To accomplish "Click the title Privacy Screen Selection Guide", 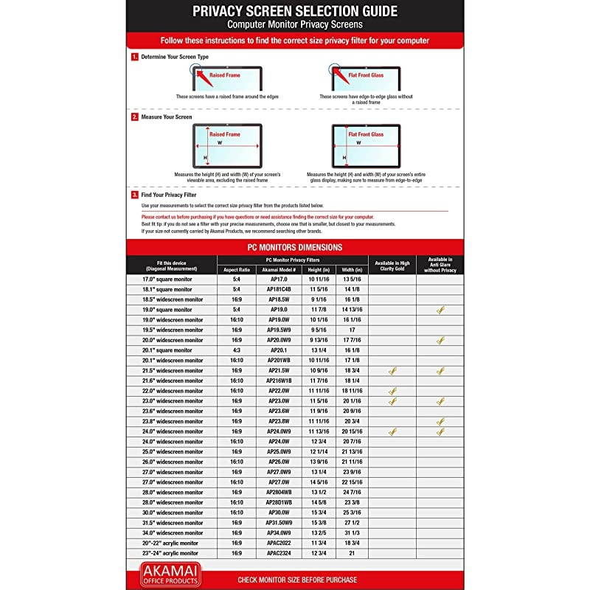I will (x=294, y=11).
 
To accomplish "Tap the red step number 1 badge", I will (x=134, y=57).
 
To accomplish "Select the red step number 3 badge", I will (x=134, y=195).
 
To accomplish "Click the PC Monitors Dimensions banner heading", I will (x=294, y=247).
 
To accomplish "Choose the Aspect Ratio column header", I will (x=237, y=270).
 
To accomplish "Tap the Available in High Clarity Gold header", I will (x=392, y=265).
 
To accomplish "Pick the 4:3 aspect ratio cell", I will (x=237, y=350).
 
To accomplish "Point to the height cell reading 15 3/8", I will (x=318, y=522).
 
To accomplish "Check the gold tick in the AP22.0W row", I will (x=392, y=391).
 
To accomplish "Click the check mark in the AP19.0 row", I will (x=440, y=310).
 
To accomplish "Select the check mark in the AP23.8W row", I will (x=440, y=421).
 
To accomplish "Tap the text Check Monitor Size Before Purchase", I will (x=297, y=580).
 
